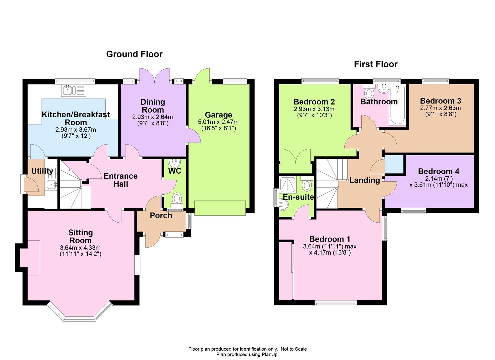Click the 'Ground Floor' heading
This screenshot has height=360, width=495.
tap(134, 54)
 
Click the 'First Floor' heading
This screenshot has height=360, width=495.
tap(376, 64)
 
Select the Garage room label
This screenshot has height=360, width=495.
tap(218, 115)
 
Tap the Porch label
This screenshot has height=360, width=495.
tap(161, 216)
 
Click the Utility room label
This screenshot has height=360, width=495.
tap(42, 171)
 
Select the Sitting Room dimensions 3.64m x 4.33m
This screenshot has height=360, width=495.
tap(80, 248)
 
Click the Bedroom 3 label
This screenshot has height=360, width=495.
tap(440, 101)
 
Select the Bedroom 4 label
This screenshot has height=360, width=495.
tap(438, 171)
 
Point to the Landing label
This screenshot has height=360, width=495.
tap(364, 180)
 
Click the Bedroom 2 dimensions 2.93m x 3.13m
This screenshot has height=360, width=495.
tap(314, 109)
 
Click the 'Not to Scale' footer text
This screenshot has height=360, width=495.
tap(294, 349)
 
